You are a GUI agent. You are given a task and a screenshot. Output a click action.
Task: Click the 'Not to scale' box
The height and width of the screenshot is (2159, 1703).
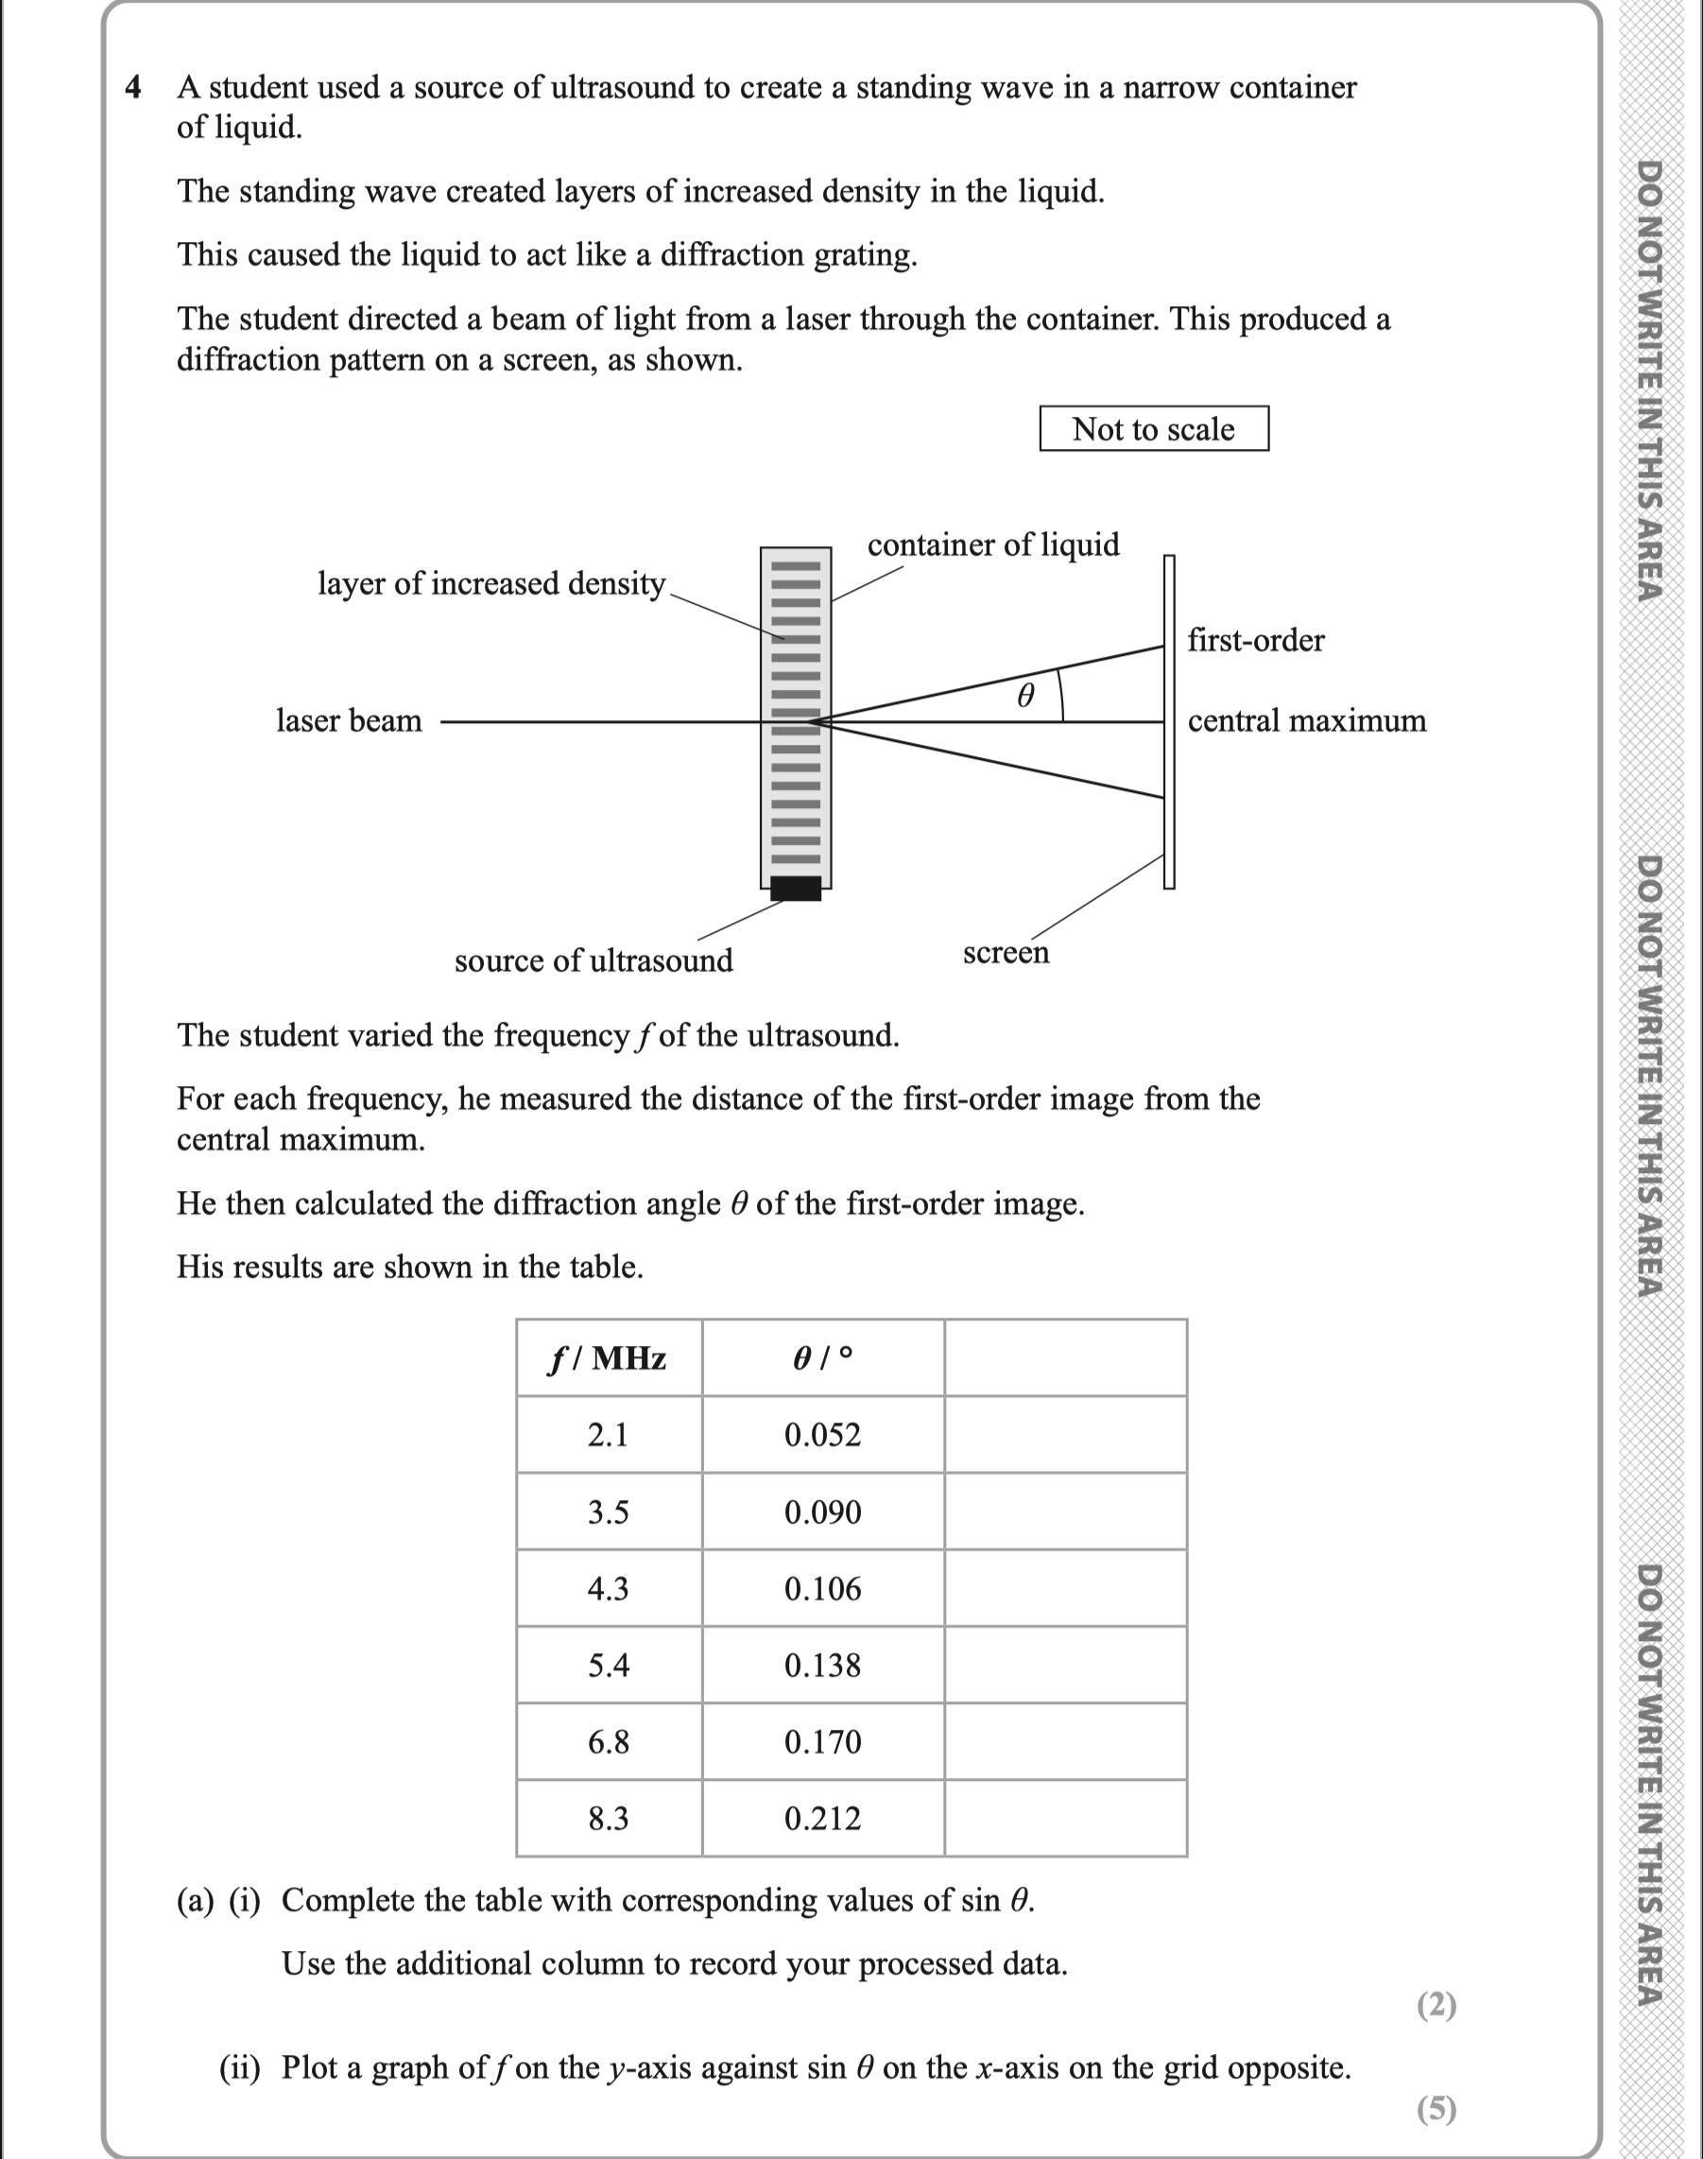1154,429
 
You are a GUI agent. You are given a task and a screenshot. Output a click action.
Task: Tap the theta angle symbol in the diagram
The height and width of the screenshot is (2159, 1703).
1025,695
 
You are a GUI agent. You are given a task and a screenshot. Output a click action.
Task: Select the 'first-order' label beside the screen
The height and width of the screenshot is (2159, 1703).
1255,640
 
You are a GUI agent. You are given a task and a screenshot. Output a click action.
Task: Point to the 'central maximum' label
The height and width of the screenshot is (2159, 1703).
1306,720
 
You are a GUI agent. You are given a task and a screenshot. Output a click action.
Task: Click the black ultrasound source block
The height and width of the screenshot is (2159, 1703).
796,888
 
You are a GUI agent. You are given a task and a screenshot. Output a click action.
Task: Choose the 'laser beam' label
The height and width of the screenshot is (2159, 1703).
349,720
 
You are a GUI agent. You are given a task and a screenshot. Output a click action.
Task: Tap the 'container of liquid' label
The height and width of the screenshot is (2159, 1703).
993,544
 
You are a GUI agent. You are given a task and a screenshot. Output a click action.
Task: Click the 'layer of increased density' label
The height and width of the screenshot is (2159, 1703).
491,583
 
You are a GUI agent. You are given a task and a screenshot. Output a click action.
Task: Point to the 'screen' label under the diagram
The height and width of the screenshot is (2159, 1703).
1006,952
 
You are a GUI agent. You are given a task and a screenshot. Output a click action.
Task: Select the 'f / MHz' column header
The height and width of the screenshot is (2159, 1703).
609,1358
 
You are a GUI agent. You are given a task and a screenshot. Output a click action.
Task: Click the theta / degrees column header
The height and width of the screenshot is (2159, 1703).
822,1358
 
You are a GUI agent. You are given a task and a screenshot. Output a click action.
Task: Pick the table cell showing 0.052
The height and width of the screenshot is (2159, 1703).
822,1435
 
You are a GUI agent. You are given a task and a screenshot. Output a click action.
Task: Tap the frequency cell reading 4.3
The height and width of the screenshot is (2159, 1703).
609,1589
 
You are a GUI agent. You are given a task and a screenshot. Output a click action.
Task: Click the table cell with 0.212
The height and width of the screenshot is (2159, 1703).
822,1819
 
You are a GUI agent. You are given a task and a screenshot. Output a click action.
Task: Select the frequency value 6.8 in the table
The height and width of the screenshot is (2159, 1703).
609,1742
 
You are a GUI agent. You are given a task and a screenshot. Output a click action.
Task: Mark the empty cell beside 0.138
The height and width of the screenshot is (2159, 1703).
1065,1666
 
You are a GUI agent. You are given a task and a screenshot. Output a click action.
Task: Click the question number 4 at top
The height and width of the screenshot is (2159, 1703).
133,88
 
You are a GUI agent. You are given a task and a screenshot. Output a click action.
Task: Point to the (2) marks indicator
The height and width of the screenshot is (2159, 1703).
1436,2004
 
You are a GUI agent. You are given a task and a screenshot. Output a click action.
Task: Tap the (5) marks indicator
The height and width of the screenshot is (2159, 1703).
1436,2108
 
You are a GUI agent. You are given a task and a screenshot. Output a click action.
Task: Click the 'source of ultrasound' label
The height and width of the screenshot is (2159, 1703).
593,960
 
